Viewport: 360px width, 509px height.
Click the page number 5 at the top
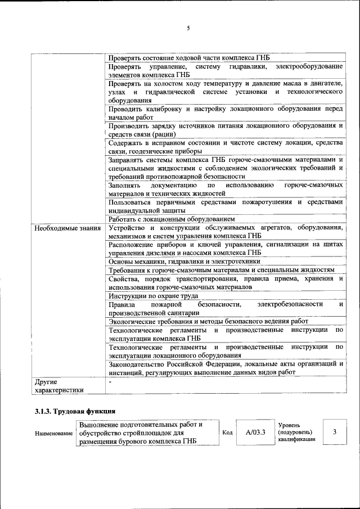coord(188,28)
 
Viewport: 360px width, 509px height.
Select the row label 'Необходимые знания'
coord(66,228)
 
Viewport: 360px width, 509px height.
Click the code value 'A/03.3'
coord(255,433)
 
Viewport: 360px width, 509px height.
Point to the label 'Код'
coord(228,433)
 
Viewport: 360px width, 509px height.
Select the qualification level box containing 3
coord(335,433)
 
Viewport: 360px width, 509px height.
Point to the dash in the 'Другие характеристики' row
coord(110,382)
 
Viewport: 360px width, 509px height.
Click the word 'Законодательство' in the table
coord(138,363)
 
